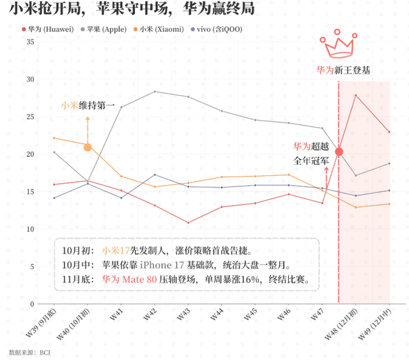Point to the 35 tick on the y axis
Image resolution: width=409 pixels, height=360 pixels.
tap(30, 41)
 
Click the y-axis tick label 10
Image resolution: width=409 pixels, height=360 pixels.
tap(30, 229)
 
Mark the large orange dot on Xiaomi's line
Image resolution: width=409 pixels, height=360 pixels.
tap(88, 147)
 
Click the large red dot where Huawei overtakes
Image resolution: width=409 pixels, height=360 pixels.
tap(339, 152)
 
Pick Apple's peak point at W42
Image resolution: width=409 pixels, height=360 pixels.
tap(155, 91)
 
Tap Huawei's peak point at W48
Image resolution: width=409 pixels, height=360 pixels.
tap(356, 95)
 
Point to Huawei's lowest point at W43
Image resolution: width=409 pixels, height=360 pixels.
tap(188, 223)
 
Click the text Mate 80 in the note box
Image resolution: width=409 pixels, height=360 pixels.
tap(139, 279)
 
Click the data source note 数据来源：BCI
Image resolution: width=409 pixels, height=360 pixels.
tap(29, 352)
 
